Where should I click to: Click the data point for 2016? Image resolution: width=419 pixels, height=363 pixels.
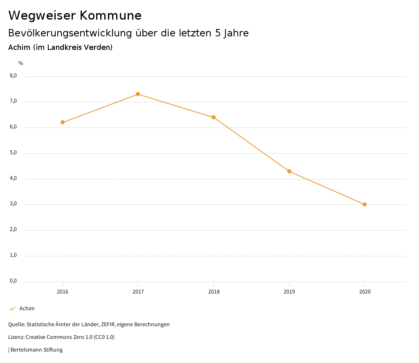[63, 122]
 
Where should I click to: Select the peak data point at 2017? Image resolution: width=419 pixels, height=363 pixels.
[138, 94]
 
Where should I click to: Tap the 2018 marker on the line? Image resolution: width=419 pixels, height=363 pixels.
[214, 117]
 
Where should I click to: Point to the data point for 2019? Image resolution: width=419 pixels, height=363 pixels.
[289, 171]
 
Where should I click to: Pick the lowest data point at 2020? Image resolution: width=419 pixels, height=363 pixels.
[365, 204]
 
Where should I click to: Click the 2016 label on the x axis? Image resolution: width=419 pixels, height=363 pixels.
[63, 292]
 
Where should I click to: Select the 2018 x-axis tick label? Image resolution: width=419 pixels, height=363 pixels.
[214, 292]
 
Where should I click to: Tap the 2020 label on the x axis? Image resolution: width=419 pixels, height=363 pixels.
[365, 292]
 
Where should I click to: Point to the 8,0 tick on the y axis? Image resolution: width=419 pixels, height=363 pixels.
[13, 76]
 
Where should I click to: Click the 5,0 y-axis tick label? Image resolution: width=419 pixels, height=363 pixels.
[13, 152]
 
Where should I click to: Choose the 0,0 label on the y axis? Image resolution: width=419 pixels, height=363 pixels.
[13, 281]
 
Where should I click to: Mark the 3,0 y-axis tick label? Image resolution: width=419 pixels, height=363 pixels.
[13, 204]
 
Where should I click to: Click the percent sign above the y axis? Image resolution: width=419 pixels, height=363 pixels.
[21, 63]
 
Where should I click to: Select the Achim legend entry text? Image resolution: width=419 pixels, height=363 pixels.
[27, 309]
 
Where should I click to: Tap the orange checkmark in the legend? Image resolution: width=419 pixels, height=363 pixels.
[12, 309]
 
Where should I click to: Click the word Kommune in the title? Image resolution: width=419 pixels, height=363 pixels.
[110, 16]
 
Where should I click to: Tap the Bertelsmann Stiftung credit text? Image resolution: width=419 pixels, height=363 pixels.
[36, 350]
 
